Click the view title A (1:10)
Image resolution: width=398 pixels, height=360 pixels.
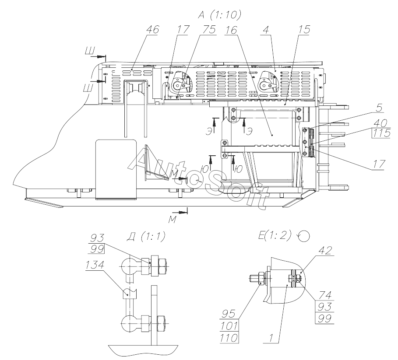(219, 15)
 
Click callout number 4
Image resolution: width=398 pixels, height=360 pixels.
(265, 30)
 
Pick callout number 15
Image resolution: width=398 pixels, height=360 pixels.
(304, 30)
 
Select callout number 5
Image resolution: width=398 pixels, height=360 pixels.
(379, 108)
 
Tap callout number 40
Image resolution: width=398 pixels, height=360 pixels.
(380, 123)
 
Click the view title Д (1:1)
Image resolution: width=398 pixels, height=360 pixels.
(145, 236)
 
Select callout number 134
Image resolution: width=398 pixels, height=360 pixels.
(95, 265)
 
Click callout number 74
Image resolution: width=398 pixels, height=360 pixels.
(325, 295)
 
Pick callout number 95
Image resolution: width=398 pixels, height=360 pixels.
(229, 314)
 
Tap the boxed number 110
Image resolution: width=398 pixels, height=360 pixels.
(229, 338)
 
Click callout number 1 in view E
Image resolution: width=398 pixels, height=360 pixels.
(271, 338)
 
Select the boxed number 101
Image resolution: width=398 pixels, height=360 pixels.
(229, 326)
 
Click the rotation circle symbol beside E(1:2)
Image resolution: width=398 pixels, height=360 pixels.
(305, 236)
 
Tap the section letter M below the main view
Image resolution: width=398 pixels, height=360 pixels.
(173, 220)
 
